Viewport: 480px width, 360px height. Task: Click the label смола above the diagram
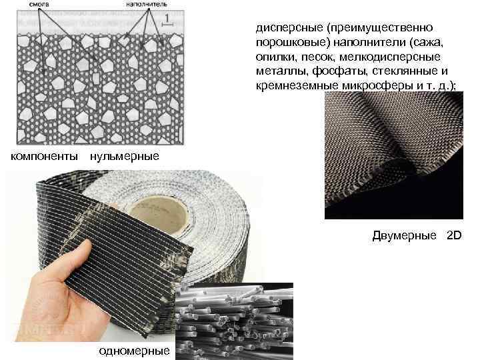coord(39,4)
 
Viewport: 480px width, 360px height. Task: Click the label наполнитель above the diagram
coord(147,4)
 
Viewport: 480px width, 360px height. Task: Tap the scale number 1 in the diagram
coord(167,19)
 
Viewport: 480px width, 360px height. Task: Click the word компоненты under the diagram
coord(44,157)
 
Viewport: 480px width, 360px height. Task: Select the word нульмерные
coord(125,157)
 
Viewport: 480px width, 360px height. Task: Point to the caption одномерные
coord(134,351)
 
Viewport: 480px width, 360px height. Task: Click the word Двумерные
coord(404,235)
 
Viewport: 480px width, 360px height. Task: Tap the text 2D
coord(454,235)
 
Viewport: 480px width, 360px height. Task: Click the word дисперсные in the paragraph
coord(289,28)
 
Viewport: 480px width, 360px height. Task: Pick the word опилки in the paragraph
coord(276,57)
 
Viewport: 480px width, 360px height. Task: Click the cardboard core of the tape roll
coord(160,213)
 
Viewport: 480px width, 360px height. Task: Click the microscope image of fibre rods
coord(234,321)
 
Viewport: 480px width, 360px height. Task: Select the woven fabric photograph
coord(394,155)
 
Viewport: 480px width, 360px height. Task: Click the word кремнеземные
coord(297,86)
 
